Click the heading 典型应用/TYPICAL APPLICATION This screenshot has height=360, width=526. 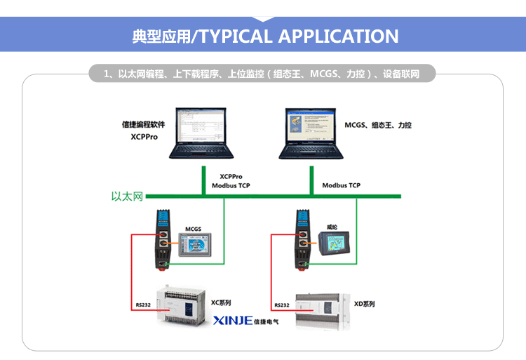[x=265, y=36]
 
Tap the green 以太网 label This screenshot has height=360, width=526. [x=127, y=196]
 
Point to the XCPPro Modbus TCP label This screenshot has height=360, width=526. [x=231, y=181]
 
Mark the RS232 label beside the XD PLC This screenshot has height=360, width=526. [x=281, y=305]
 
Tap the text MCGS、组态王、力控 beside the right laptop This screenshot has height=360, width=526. [x=378, y=125]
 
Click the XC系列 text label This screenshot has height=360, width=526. [x=221, y=302]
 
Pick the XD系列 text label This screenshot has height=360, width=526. [x=364, y=304]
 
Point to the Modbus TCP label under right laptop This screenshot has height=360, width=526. [x=341, y=186]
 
